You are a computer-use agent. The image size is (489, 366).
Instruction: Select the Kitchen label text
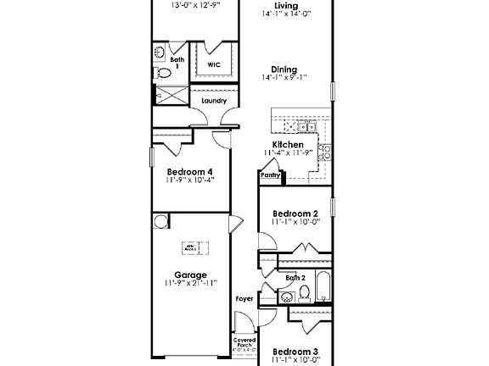pos(289,145)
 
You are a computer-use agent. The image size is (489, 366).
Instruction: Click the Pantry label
pos(270,175)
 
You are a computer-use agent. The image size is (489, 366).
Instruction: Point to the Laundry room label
pos(214,101)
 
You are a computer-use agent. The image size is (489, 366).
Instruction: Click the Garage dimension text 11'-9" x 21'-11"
pos(190,283)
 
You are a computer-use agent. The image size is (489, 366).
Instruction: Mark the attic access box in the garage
pos(190,247)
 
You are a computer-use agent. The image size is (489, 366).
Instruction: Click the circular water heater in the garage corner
pos(161,222)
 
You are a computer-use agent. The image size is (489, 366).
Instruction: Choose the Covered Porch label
pos(244,343)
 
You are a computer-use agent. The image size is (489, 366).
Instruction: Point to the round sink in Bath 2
pos(287,296)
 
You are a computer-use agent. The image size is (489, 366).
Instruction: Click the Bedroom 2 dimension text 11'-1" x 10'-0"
pos(295,222)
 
